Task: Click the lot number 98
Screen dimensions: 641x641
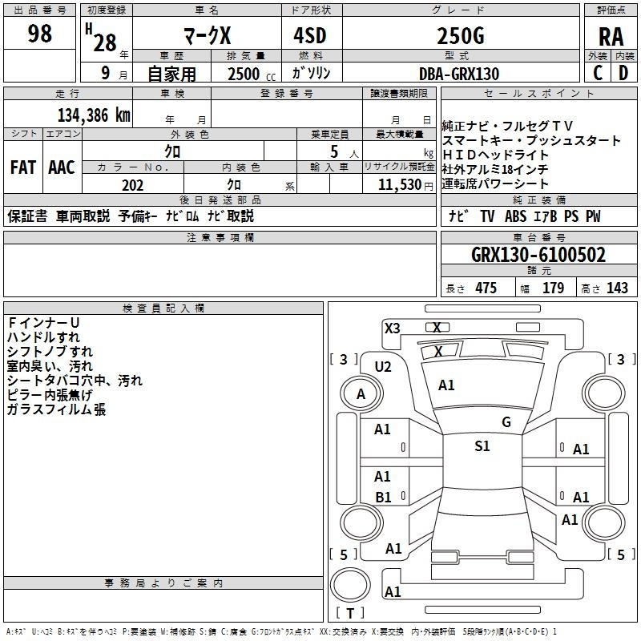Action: click(x=39, y=33)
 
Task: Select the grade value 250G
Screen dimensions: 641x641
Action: click(x=461, y=35)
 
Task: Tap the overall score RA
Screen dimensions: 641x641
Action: click(x=611, y=37)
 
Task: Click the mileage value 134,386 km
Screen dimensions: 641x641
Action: click(x=94, y=115)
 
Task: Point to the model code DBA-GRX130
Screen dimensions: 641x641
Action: click(x=459, y=74)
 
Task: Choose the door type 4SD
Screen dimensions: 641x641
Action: click(x=310, y=35)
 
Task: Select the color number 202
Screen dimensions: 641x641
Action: click(x=132, y=185)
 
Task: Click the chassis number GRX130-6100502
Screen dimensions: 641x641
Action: click(x=538, y=255)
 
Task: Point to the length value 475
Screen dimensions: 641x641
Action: click(x=486, y=288)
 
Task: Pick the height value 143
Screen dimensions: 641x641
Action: click(x=617, y=288)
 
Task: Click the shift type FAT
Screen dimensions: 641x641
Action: click(x=23, y=167)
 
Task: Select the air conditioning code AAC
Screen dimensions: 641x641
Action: click(x=62, y=167)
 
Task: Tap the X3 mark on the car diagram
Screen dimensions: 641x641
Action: click(x=393, y=329)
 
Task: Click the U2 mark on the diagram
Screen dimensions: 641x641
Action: click(x=383, y=367)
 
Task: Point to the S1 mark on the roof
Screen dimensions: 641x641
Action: click(x=482, y=445)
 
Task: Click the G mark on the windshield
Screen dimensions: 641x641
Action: click(x=506, y=422)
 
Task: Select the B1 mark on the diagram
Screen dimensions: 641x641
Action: click(x=383, y=497)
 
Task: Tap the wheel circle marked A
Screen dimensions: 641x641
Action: click(x=361, y=393)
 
